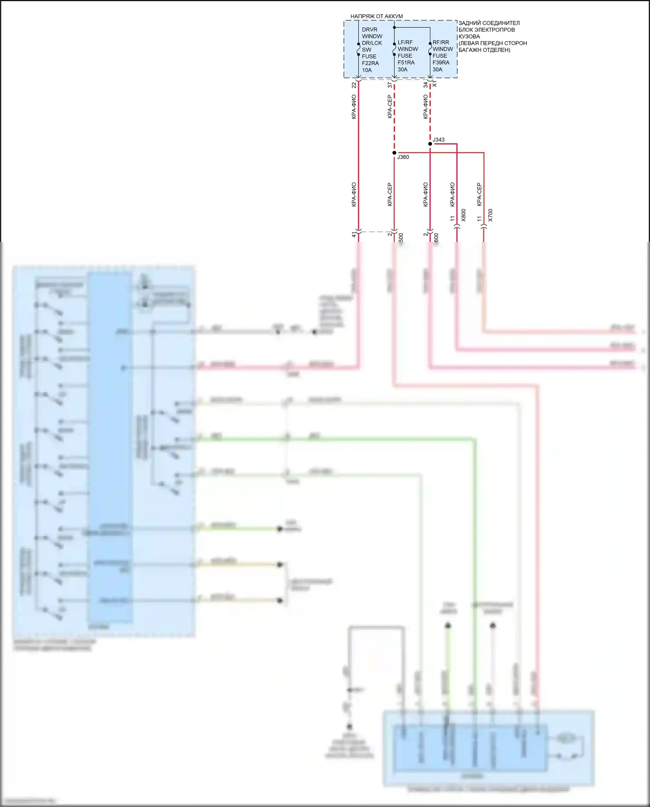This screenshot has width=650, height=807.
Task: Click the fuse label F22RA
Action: pyautogui.click(x=370, y=63)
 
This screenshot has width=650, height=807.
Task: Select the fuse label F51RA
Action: pyautogui.click(x=406, y=62)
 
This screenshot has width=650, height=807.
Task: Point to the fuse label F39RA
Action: pyautogui.click(x=441, y=62)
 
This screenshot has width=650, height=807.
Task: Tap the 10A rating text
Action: pyautogui.click(x=367, y=70)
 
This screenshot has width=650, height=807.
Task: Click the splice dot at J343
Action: pyautogui.click(x=430, y=144)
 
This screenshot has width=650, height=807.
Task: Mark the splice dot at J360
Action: pyautogui.click(x=394, y=153)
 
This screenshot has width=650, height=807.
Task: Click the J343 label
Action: pyautogui.click(x=439, y=140)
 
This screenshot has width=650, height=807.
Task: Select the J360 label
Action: pyautogui.click(x=403, y=157)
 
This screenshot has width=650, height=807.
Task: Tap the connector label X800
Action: pyautogui.click(x=463, y=215)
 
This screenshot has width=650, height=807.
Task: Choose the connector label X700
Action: pyautogui.click(x=490, y=215)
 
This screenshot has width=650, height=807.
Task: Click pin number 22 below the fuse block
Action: pyautogui.click(x=354, y=85)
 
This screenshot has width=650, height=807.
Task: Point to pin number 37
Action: pyautogui.click(x=390, y=85)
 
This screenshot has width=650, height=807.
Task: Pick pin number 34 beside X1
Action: pyautogui.click(x=426, y=85)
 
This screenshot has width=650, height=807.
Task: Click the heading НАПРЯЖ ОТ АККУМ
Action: pyautogui.click(x=377, y=16)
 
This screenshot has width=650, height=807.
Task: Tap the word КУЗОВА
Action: pyautogui.click(x=469, y=36)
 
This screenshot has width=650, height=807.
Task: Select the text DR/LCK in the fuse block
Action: pyautogui.click(x=372, y=43)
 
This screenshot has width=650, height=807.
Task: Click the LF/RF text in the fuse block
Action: pyautogui.click(x=405, y=42)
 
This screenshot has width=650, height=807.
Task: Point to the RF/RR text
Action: pyautogui.click(x=441, y=42)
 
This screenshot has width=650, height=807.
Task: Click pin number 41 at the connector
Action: pyautogui.click(x=354, y=234)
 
